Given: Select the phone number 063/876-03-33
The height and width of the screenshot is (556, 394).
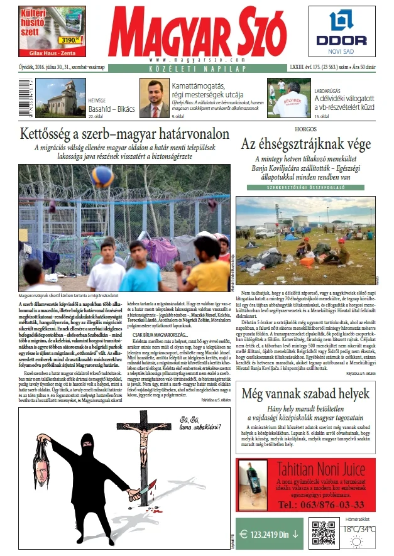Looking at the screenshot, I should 323,504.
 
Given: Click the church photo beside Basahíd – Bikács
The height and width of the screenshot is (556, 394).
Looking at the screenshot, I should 66,98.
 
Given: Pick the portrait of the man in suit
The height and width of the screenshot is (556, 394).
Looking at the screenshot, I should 153,99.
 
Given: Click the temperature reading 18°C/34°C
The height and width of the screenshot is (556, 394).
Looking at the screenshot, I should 359,529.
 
